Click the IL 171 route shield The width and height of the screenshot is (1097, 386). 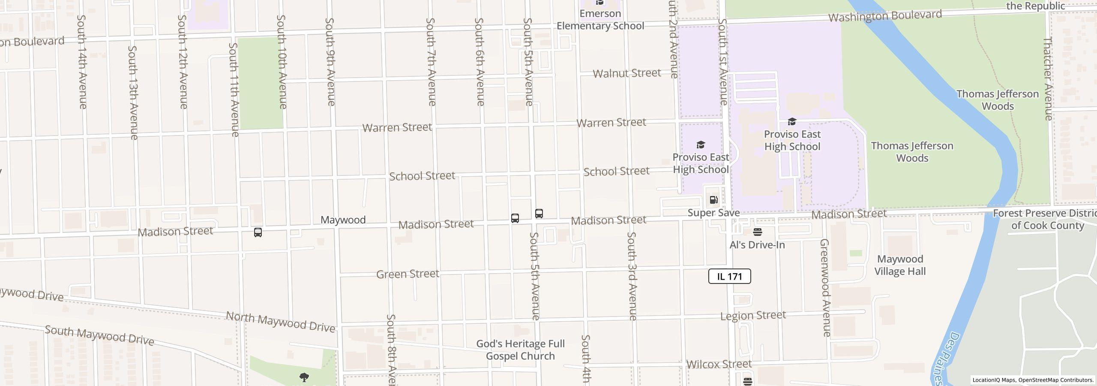pyautogui.click(x=729, y=276)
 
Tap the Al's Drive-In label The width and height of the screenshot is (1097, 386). pyautogui.click(x=757, y=245)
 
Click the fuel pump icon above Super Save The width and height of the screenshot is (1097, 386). pyautogui.click(x=713, y=200)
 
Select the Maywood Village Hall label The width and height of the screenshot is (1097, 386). pyautogui.click(x=900, y=265)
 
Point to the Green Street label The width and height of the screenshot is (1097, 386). pyautogui.click(x=408, y=274)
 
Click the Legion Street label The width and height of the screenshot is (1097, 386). pyautogui.click(x=753, y=316)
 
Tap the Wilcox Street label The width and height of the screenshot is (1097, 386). pyautogui.click(x=719, y=364)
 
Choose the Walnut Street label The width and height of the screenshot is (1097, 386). pyautogui.click(x=627, y=73)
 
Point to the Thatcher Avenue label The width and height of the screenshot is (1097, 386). pyautogui.click(x=1048, y=78)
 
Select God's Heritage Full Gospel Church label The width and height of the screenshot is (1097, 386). pyautogui.click(x=520, y=350)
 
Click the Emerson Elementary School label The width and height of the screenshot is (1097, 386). pyautogui.click(x=600, y=20)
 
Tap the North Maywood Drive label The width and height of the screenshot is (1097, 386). pyautogui.click(x=280, y=322)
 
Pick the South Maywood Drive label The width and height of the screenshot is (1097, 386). pyautogui.click(x=99, y=335)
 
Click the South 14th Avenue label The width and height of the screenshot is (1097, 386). pyautogui.click(x=82, y=62)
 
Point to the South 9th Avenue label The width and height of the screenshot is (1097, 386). pyautogui.click(x=330, y=62)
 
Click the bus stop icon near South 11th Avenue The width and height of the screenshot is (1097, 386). pyautogui.click(x=258, y=232)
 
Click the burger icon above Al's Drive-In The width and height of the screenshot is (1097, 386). pyautogui.click(x=757, y=232)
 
